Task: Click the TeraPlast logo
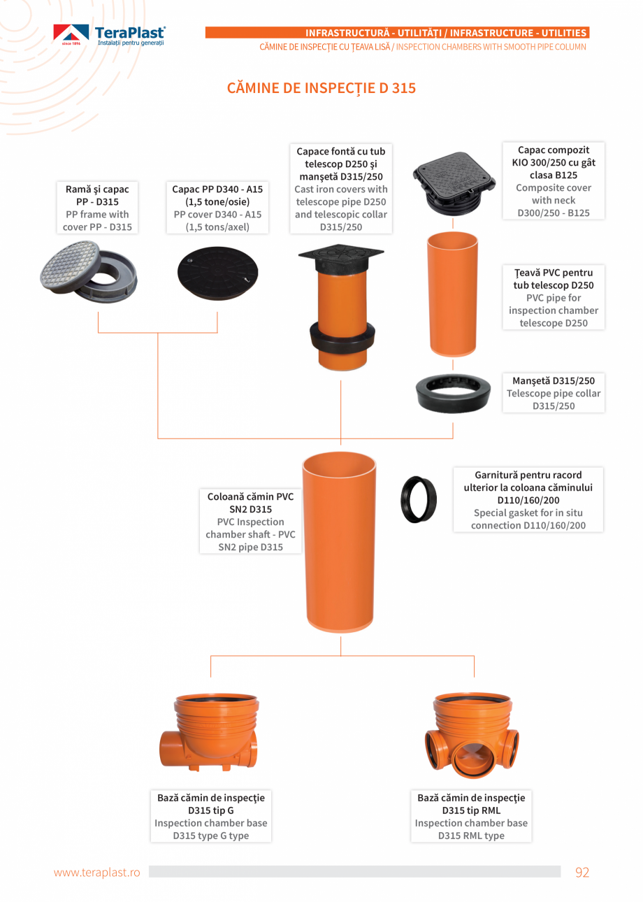109,35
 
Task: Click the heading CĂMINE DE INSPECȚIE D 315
321,88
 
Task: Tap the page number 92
581,872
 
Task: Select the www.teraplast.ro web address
97,872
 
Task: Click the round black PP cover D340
217,273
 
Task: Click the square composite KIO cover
454,184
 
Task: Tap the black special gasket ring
419,499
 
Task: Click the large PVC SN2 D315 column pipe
339,542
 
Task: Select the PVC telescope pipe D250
453,294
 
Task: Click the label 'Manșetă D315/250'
554,380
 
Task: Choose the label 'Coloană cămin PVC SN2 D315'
250,503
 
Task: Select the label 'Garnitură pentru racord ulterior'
528,481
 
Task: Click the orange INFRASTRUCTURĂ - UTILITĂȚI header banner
397,33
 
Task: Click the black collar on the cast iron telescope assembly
342,335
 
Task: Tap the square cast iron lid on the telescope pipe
341,256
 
